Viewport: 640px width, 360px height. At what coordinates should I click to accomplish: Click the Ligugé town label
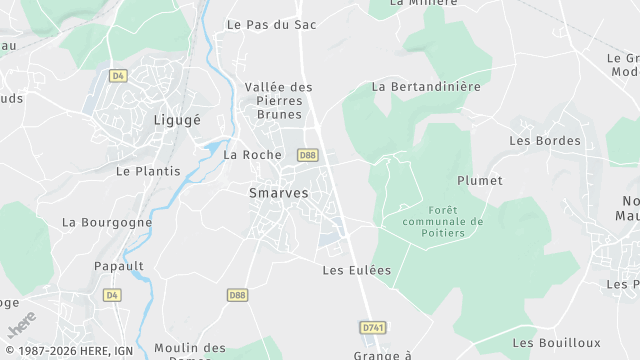[177, 120]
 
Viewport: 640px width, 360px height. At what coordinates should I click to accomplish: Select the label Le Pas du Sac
[271, 24]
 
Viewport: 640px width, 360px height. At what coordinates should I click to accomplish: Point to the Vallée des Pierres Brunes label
[279, 101]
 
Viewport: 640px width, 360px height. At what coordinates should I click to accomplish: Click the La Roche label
[252, 155]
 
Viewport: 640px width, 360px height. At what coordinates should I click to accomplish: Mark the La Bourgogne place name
[107, 222]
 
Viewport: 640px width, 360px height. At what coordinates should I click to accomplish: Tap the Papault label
[119, 266]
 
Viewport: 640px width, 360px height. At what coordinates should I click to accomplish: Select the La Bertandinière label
[426, 87]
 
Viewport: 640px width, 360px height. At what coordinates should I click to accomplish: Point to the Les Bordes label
[545, 141]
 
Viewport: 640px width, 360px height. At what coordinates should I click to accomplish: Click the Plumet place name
[480, 181]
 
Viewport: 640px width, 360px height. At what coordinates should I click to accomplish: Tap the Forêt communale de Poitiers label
[441, 221]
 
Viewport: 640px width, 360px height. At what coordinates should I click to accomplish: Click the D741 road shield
[372, 327]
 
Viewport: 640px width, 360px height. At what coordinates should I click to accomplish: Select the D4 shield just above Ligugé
[119, 75]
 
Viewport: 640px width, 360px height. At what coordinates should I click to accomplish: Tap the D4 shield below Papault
[111, 295]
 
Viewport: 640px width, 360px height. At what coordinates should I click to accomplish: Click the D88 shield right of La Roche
[307, 155]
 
